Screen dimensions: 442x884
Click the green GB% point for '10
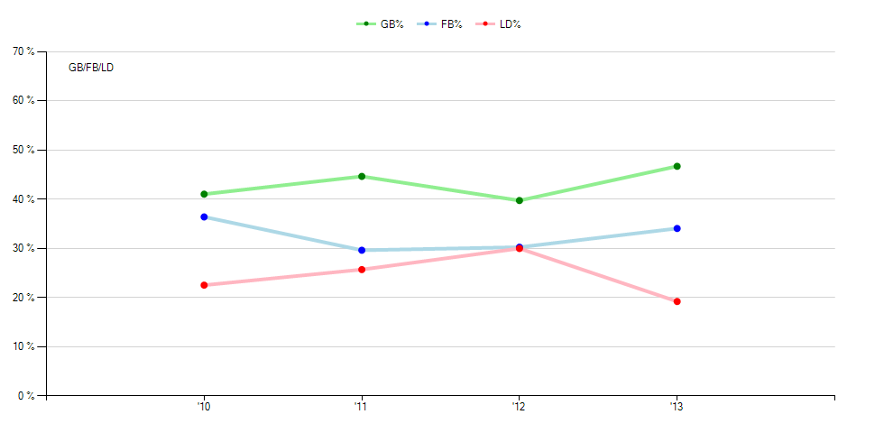(204, 194)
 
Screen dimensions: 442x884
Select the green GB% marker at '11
(362, 176)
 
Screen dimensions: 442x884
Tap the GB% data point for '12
(519, 200)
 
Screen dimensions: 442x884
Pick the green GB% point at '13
(677, 166)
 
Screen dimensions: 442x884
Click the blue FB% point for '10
(204, 216)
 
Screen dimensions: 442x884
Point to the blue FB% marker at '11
(362, 250)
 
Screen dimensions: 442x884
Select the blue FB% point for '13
(677, 228)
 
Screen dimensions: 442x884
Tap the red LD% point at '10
(204, 285)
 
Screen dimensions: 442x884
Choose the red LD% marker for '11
(362, 269)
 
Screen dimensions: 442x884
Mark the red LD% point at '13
(677, 301)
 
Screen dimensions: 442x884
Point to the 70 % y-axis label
(23, 51)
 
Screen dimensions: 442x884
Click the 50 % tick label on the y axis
(23, 150)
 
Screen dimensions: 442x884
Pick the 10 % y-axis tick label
(23, 346)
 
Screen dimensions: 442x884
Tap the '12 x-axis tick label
(518, 407)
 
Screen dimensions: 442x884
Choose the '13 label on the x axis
(676, 407)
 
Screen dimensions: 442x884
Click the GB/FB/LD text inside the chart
(91, 68)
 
